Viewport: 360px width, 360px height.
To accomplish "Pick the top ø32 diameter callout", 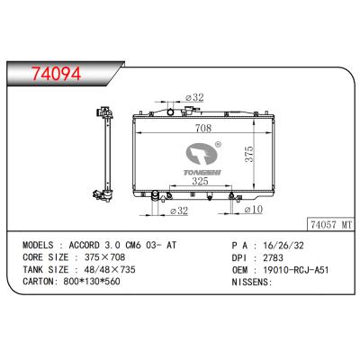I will [x=193, y=96].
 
